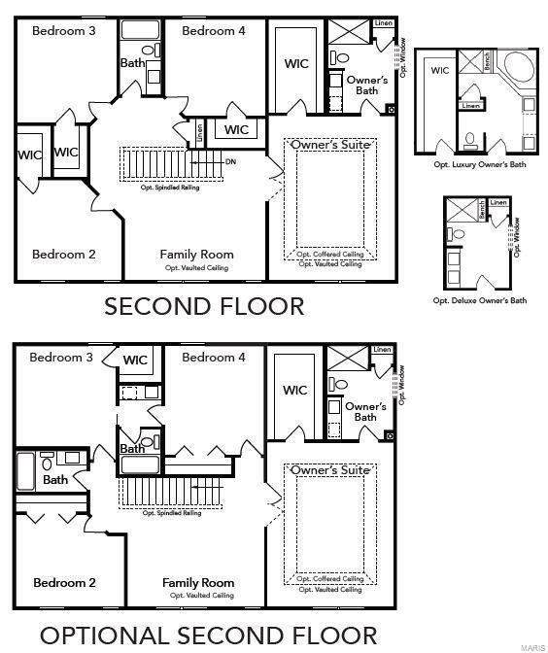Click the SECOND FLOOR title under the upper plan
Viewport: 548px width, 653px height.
(x=204, y=307)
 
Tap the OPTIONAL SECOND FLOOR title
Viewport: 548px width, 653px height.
(x=208, y=636)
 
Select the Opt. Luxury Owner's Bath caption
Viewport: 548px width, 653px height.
(x=479, y=165)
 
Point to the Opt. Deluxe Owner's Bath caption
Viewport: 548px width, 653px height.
(x=479, y=300)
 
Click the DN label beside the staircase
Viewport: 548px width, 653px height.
(x=229, y=161)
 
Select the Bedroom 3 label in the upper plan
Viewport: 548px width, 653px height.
(x=63, y=30)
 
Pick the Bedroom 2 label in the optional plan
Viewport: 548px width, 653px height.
(x=64, y=583)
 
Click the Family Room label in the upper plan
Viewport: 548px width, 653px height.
(x=196, y=255)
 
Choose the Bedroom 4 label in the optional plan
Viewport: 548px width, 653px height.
(x=208, y=358)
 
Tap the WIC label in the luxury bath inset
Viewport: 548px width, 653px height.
(x=440, y=70)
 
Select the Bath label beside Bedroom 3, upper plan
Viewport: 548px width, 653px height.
(x=133, y=63)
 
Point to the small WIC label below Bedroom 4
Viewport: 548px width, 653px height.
(x=236, y=130)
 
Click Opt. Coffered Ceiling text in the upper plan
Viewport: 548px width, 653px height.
(x=330, y=255)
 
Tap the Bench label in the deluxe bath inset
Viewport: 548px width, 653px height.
(x=478, y=206)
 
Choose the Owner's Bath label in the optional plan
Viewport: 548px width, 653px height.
(x=364, y=412)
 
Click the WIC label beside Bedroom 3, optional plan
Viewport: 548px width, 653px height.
(x=135, y=361)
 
